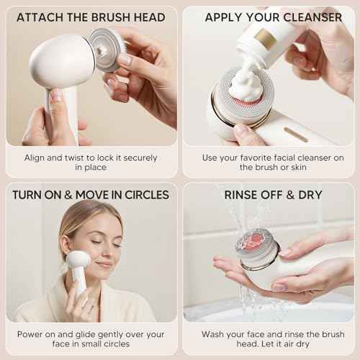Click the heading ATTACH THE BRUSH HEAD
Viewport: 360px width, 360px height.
(x=90, y=17)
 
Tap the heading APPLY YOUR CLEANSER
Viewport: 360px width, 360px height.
(x=273, y=17)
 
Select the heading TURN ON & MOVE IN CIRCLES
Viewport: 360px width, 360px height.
(x=90, y=194)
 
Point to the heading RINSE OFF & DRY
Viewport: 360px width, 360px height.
(x=273, y=194)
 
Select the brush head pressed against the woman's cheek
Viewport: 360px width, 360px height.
(x=77, y=260)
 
